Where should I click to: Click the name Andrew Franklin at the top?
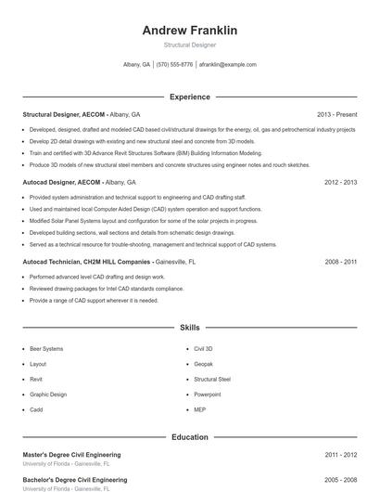point(190,31)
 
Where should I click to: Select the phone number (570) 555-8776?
point(175,65)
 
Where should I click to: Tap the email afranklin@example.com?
point(227,65)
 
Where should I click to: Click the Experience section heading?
point(190,97)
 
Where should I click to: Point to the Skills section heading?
point(190,328)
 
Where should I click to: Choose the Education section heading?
point(190,436)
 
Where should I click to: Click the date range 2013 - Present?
point(336,114)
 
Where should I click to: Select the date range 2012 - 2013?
point(340,183)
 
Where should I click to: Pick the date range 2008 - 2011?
point(340,263)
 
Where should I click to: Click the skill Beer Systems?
point(46,349)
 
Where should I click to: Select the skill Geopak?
point(204,364)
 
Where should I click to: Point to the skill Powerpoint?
point(208,395)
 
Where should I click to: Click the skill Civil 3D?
point(204,349)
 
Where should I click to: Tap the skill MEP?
point(200,409)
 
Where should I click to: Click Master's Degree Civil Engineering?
point(71,455)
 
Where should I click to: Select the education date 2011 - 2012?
point(340,455)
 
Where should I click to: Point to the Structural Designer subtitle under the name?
point(190,45)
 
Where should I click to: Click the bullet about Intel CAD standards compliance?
point(107,289)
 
